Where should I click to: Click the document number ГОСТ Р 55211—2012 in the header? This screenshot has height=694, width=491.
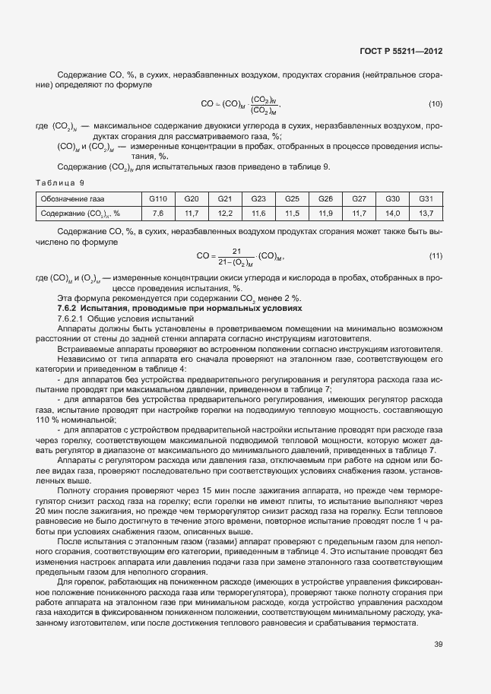click(x=400, y=52)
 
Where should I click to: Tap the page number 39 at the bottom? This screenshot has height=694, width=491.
click(x=438, y=645)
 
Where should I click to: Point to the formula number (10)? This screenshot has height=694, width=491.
click(x=436, y=103)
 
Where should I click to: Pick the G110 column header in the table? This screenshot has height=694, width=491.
click(x=158, y=198)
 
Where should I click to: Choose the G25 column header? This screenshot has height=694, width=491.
click(x=292, y=198)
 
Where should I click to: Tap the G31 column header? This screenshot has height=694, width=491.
click(x=426, y=198)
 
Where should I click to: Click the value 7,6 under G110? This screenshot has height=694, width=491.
click(x=158, y=213)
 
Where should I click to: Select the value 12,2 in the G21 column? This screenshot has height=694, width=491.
click(x=225, y=213)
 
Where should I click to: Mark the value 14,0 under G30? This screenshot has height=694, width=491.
click(x=392, y=213)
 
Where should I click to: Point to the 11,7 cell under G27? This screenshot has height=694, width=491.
click(x=359, y=213)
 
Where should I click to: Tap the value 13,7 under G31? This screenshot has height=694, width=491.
click(x=426, y=213)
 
